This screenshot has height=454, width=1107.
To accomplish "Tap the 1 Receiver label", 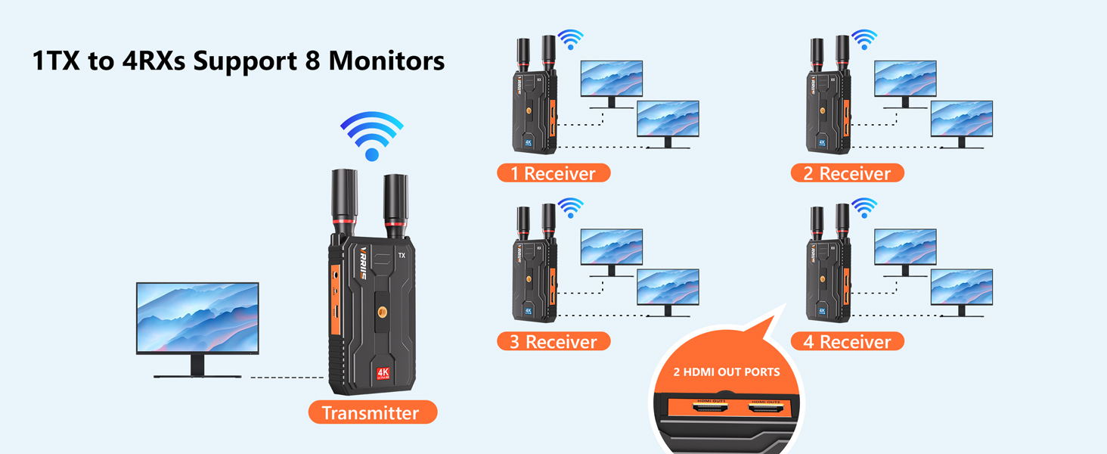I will (x=553, y=173).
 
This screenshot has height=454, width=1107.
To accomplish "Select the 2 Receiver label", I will (x=847, y=173).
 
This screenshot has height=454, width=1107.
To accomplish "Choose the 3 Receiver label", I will (x=553, y=341).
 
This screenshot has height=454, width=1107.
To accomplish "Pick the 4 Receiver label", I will (x=847, y=341).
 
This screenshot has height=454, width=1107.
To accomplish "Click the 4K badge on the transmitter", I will (x=383, y=374).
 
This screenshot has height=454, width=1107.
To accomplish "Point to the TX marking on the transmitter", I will (x=402, y=256).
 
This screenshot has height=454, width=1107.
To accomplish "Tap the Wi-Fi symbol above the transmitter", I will (x=371, y=135).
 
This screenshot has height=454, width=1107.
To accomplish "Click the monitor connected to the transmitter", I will (x=197, y=318).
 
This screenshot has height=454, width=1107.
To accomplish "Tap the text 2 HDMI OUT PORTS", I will (x=726, y=372).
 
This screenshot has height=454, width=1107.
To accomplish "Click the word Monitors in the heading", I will (x=385, y=61).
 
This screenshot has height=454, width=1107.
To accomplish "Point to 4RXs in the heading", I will (x=153, y=61).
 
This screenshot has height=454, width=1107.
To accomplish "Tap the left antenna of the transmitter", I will (x=345, y=201).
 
